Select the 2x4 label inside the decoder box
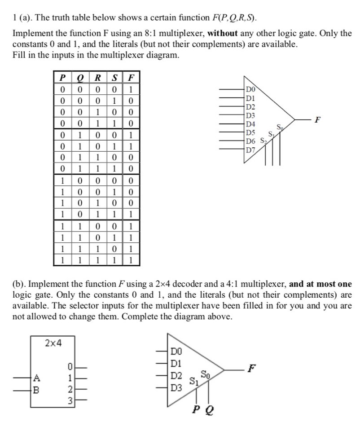tap(53, 343)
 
